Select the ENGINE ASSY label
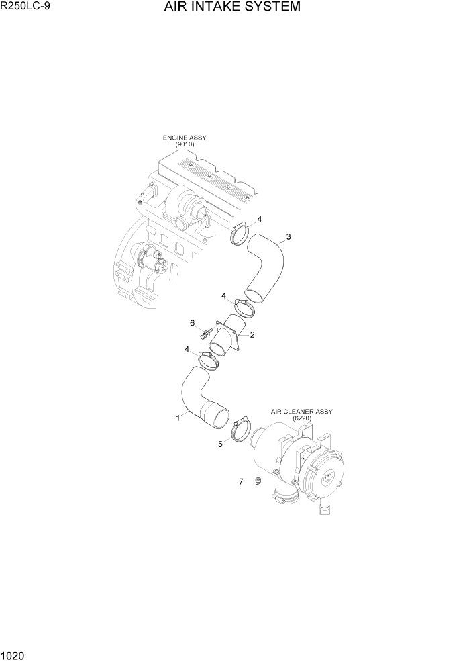185,138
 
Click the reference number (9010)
185,144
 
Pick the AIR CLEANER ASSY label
301,411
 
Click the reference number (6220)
301,418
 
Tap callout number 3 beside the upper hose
288,236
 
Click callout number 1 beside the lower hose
178,418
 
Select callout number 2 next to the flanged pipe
252,334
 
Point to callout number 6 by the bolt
192,323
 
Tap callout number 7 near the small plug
242,481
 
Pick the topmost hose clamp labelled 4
240,235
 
